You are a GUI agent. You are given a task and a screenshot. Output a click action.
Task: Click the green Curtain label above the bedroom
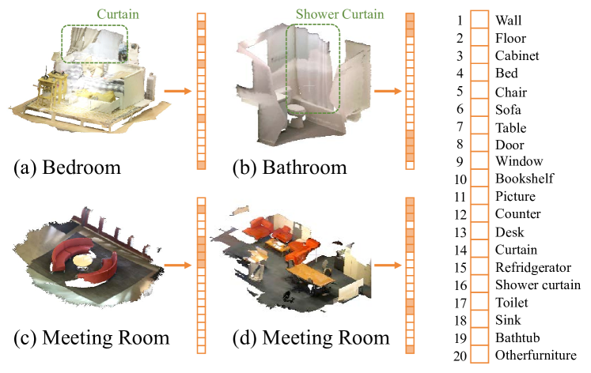(x=118, y=14)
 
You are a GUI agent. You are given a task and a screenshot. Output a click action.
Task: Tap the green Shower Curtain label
(x=339, y=14)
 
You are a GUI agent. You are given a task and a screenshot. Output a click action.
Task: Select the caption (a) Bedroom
(x=67, y=167)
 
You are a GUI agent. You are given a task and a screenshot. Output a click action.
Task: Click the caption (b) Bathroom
(x=290, y=167)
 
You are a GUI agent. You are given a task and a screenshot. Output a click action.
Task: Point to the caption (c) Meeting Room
(x=92, y=337)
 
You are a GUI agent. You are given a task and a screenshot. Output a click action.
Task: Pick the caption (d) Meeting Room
(x=311, y=337)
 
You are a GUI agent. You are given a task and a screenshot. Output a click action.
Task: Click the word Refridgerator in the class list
(x=533, y=267)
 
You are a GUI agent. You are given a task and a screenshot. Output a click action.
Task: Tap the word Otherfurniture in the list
(x=536, y=355)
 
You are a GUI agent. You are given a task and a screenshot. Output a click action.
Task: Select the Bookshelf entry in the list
(x=525, y=179)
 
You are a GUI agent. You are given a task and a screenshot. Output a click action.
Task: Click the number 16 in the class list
(x=460, y=285)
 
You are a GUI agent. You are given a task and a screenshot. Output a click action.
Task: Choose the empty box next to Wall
(x=479, y=20)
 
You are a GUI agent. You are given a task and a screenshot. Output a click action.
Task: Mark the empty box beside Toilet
(x=479, y=302)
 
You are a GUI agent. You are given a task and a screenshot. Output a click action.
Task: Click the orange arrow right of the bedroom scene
(x=178, y=91)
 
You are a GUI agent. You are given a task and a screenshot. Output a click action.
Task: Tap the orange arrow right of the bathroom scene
(x=388, y=91)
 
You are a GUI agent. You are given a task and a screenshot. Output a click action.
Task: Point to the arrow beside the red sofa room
(x=178, y=265)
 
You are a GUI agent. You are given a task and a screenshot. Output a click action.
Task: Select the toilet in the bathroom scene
(x=297, y=115)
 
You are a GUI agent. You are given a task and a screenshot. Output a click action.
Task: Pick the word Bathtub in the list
(x=517, y=337)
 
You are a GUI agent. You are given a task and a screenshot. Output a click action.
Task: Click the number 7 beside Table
(x=460, y=126)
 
